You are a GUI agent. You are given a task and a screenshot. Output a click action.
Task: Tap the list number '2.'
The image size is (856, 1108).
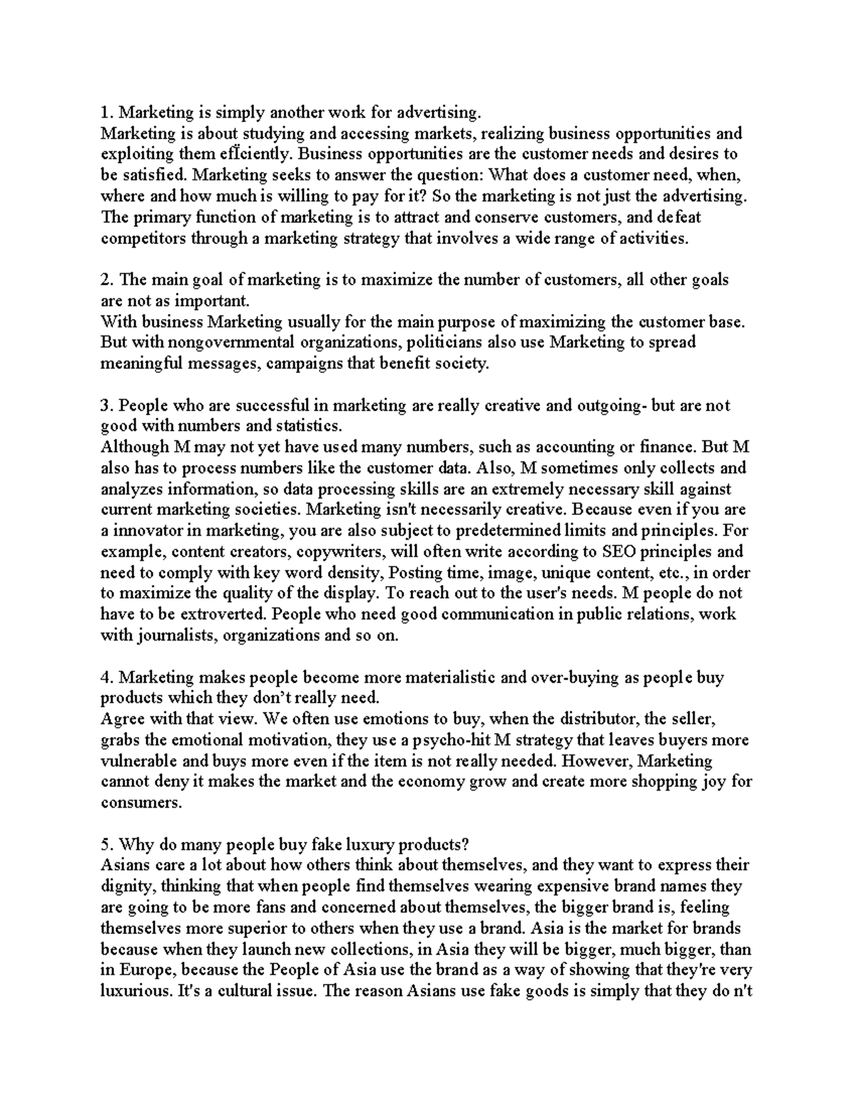point(107,280)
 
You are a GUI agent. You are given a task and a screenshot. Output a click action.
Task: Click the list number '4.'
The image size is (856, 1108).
point(107,678)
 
